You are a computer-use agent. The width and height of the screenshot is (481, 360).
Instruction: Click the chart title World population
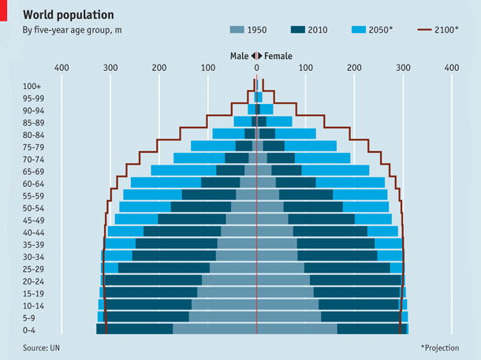coord(67,15)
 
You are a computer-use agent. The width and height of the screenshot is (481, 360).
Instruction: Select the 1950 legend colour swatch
coord(237,30)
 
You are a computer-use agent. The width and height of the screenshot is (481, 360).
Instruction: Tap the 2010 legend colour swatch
coord(298,30)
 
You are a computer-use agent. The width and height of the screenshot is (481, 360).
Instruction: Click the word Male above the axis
coord(239,56)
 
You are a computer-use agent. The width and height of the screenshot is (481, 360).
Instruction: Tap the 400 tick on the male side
coord(62,69)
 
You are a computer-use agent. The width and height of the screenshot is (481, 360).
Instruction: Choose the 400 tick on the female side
coord(452,69)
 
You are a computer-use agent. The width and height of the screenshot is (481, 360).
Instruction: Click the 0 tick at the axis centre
coord(257,69)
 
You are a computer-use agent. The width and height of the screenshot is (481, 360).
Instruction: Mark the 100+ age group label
coord(32,86)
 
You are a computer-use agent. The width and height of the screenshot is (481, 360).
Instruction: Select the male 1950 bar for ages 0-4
coord(214,329)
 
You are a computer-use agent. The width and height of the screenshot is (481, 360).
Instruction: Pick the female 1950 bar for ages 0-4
coord(296,329)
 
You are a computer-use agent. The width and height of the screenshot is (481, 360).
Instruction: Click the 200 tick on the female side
coord(354,69)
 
